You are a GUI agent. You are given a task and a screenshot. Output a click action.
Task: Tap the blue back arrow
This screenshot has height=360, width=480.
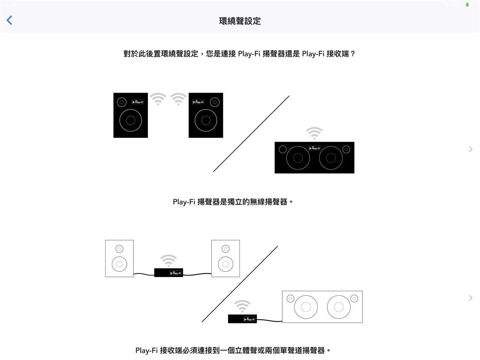pyautogui.click(x=9, y=20)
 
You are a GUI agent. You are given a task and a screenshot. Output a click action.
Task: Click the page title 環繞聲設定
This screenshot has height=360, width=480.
pyautogui.click(x=240, y=21)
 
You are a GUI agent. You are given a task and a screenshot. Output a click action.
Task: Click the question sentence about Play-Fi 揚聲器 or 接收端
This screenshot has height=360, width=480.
pyautogui.click(x=240, y=54)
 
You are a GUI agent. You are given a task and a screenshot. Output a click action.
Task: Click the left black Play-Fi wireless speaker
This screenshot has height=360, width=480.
pyautogui.click(x=131, y=115)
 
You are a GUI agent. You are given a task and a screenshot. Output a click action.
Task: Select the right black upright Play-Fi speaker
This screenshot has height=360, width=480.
pyautogui.click(x=206, y=115)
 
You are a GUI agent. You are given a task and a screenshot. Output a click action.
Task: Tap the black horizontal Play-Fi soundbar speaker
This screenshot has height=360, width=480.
pyautogui.click(x=314, y=157)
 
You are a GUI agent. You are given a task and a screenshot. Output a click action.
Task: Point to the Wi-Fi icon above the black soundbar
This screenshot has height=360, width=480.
pyautogui.click(x=314, y=132)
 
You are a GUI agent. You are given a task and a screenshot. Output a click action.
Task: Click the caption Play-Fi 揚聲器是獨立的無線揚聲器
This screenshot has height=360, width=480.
pyautogui.click(x=233, y=202)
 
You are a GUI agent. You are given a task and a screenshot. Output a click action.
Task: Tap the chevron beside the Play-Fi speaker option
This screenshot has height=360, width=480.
pyautogui.click(x=470, y=149)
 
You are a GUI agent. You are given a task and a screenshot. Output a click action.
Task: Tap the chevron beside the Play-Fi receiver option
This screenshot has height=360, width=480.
pyautogui.click(x=470, y=298)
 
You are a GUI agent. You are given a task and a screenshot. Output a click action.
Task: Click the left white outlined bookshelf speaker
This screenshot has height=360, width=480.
pyautogui.click(x=120, y=258)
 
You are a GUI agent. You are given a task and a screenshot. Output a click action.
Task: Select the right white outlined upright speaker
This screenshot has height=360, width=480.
pyautogui.click(x=226, y=258)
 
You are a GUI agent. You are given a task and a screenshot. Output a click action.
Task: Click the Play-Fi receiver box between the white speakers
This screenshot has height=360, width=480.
pyautogui.click(x=168, y=273)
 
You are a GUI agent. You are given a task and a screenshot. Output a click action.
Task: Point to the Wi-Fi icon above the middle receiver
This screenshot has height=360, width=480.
pyautogui.click(x=168, y=261)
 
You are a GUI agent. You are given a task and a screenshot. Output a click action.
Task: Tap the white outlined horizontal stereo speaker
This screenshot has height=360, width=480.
pyautogui.click(x=322, y=307)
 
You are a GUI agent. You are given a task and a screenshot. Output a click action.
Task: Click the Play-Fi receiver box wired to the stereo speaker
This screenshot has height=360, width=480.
pyautogui.click(x=242, y=319)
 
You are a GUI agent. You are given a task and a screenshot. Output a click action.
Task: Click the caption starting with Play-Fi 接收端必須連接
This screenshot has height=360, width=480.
pyautogui.click(x=233, y=350)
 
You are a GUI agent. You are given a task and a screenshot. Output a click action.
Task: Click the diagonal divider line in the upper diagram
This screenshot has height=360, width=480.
pyautogui.click(x=251, y=134)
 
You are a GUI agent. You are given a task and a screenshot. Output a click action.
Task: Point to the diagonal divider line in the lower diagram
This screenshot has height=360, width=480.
pyautogui.click(x=240, y=284)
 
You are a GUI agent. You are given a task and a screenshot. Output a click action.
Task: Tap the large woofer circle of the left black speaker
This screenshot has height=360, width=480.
pyautogui.click(x=131, y=120)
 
